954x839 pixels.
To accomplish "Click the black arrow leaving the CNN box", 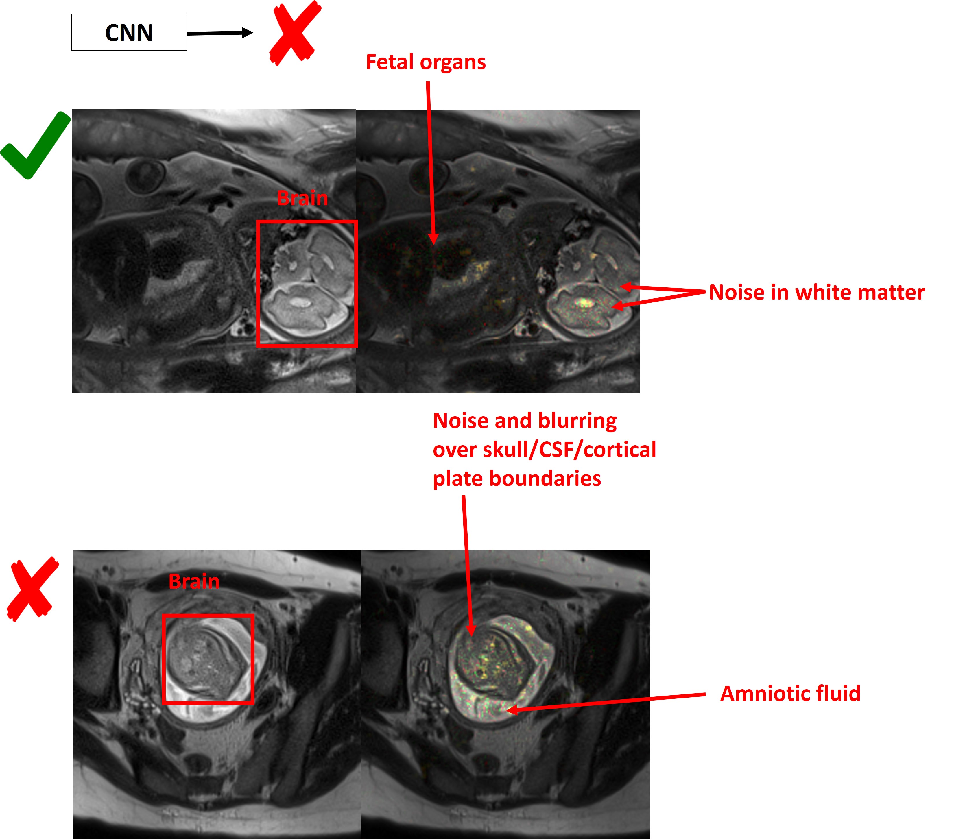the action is (220, 33).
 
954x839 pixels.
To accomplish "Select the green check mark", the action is (35, 145).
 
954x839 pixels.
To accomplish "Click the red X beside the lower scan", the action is (33, 589).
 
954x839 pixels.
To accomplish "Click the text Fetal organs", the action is (426, 62).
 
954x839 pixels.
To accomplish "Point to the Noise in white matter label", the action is (817, 293).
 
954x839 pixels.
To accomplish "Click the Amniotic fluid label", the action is (790, 693).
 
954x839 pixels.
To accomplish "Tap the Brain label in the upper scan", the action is (302, 198).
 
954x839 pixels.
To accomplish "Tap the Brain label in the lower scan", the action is (194, 581).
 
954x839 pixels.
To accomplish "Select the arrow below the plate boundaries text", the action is (468, 566).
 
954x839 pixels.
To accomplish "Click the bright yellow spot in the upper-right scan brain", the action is (583, 303).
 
